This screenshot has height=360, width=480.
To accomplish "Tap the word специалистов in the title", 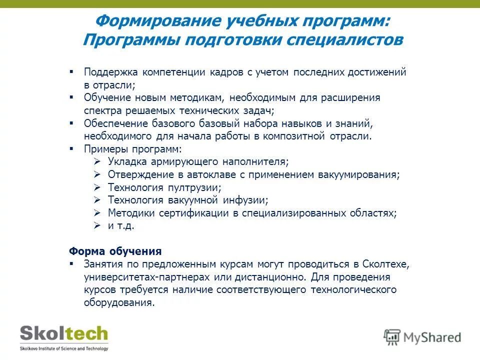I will (344, 40).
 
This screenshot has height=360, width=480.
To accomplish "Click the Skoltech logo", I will (63, 334).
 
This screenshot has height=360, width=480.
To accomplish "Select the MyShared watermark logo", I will (422, 337).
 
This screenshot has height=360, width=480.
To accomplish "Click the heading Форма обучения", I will (115, 251).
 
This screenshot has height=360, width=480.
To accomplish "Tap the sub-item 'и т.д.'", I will (121, 225).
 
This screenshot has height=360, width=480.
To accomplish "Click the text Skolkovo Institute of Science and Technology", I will (63, 348).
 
